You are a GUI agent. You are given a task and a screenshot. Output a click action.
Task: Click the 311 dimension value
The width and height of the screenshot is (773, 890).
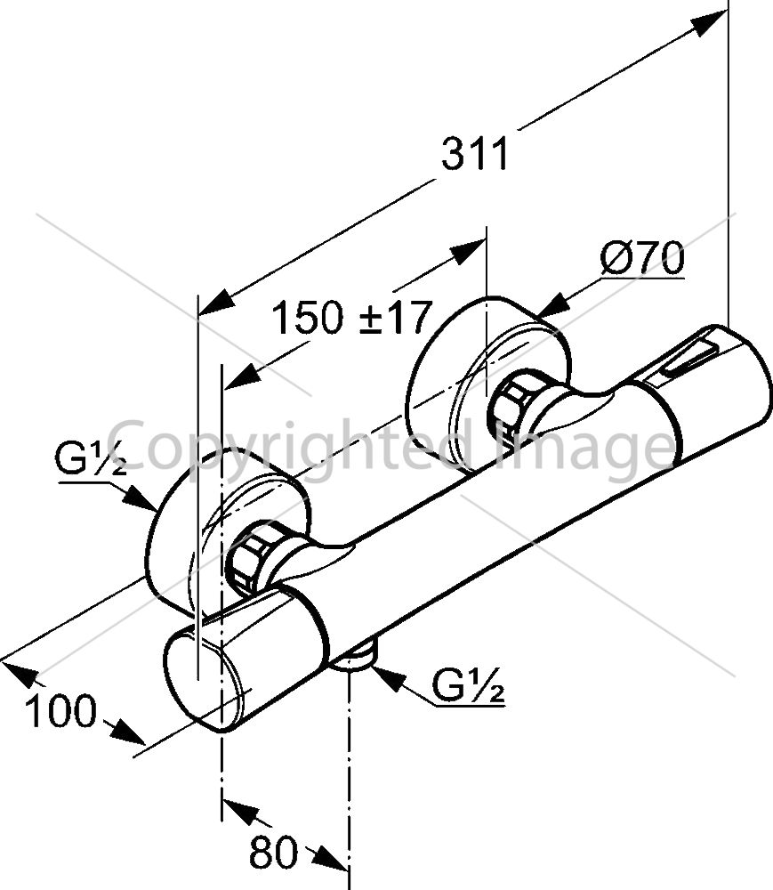(x=475, y=154)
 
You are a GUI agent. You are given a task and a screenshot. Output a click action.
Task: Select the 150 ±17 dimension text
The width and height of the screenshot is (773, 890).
(x=352, y=318)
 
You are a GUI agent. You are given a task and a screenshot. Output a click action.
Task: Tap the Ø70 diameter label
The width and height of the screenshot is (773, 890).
(x=642, y=258)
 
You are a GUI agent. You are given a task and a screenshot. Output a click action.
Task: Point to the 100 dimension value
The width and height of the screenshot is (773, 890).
(x=61, y=711)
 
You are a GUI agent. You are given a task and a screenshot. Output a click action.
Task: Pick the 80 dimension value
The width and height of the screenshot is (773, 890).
(x=273, y=852)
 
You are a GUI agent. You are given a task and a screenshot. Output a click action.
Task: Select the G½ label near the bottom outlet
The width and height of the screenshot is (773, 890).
(x=469, y=685)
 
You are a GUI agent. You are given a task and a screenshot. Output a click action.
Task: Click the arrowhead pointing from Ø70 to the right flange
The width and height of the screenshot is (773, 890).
(x=554, y=303)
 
